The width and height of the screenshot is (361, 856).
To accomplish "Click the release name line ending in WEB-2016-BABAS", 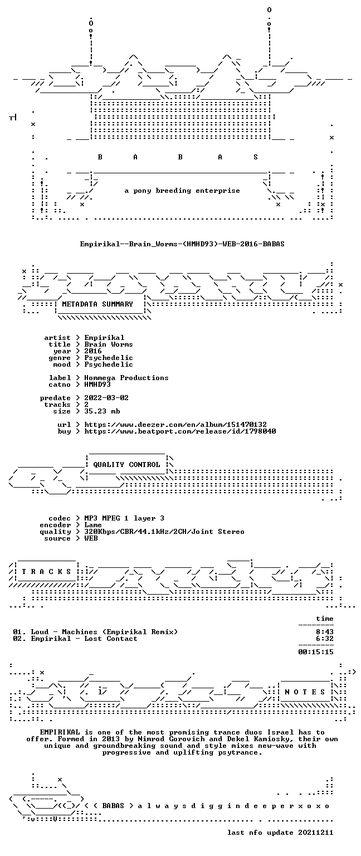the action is click(182, 244).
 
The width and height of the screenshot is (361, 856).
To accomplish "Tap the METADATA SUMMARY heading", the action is click(97, 304).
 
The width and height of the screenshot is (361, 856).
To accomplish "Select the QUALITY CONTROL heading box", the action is click(126, 465).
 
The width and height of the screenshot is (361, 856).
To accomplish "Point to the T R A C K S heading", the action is click(46, 572).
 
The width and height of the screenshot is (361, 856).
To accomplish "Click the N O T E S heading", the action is click(305, 692).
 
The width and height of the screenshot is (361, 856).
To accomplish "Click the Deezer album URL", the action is click(175, 425).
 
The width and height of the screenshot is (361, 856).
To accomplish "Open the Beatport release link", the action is click(180, 431).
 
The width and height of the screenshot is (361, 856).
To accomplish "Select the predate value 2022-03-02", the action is click(106, 398).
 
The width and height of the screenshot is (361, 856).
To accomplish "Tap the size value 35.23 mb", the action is click(102, 411).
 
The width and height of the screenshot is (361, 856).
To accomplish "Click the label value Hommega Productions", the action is click(126, 378).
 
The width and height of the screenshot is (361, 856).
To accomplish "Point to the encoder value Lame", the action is click(93, 525).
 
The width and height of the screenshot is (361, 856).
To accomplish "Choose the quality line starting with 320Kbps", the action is click(164, 532).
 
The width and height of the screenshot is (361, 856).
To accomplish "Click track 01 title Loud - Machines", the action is click(64, 632).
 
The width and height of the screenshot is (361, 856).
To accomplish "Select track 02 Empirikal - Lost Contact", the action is click(84, 639).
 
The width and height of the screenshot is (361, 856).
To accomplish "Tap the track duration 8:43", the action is click(325, 632).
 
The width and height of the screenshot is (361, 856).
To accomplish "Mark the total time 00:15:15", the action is click(315, 653).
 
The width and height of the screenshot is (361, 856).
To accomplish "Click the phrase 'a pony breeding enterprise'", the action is click(182, 191).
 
